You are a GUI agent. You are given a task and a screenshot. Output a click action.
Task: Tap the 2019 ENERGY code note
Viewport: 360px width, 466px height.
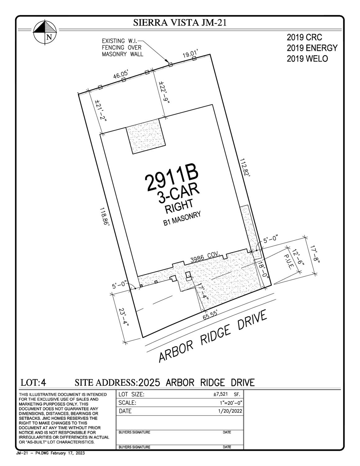click(x=312, y=48)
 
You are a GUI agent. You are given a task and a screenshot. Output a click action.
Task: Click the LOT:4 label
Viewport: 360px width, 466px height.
click(x=33, y=382)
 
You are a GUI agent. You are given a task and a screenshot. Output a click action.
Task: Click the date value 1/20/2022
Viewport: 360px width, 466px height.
click(x=230, y=411)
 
